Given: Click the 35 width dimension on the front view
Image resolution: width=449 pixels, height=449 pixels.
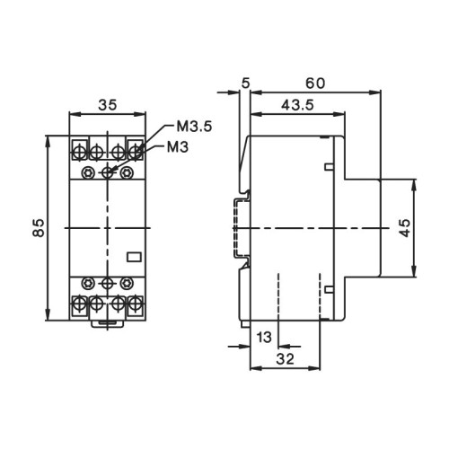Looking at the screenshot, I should click(x=107, y=104).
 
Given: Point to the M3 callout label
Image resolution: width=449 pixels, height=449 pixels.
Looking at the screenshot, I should click(x=175, y=146).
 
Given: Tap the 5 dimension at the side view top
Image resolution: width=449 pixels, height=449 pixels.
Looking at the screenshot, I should click(x=245, y=84).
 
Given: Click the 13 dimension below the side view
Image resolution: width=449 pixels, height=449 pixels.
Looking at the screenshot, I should click(x=264, y=337).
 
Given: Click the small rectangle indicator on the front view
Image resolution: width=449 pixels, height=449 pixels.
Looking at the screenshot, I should click(x=135, y=256).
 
